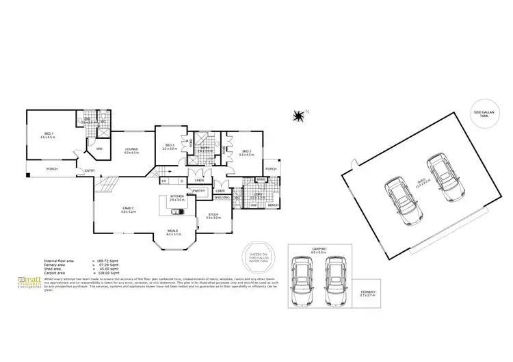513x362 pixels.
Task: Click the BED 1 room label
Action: pyautogui.click(x=49, y=134)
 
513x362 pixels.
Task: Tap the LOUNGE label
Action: pyautogui.click(x=131, y=150)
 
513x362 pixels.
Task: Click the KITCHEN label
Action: pyautogui.click(x=176, y=196)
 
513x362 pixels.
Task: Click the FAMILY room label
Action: pyautogui.click(x=128, y=208)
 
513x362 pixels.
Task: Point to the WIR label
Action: pyautogui.click(x=98, y=148)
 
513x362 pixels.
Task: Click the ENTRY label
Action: pyautogui.click(x=90, y=171)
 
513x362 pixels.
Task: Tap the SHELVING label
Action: pyautogui.click(x=222, y=197)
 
